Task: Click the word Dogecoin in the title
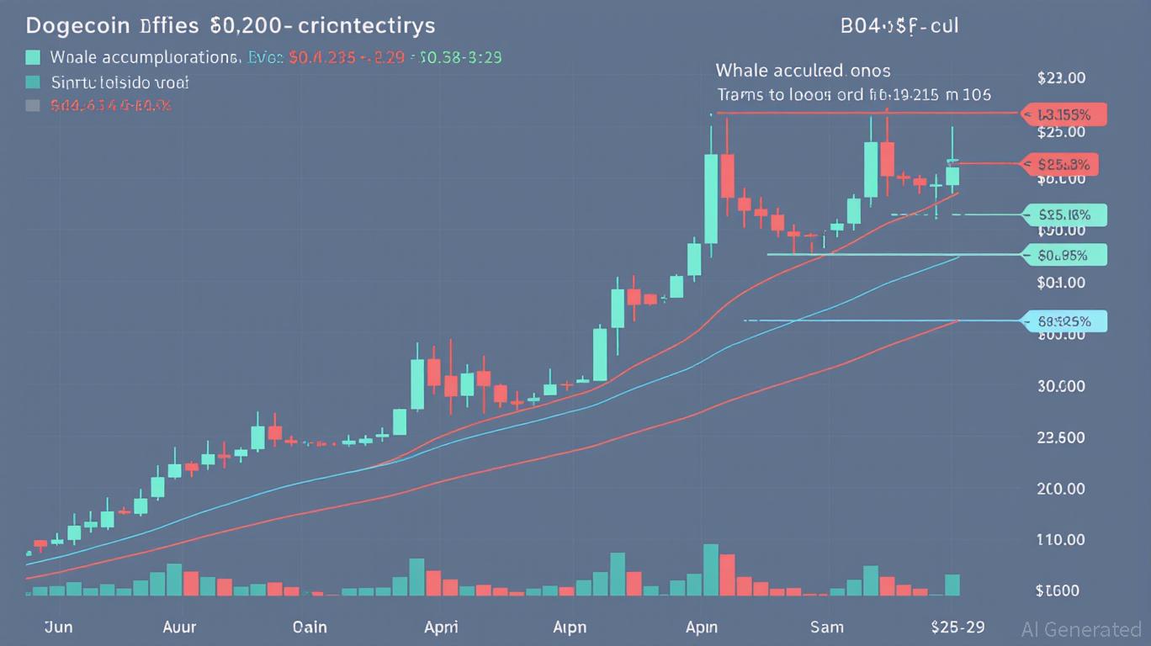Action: [x=77, y=25]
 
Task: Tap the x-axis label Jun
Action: [x=57, y=627]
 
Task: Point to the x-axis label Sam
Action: [x=827, y=627]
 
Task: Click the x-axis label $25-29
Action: [x=958, y=627]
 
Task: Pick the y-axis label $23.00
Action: [x=1061, y=78]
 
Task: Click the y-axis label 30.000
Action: [x=1061, y=387]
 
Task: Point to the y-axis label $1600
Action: [x=1058, y=590]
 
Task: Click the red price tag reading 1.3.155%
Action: [x=1064, y=114]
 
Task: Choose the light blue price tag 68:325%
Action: [x=1064, y=320]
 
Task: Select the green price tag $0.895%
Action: [x=1064, y=254]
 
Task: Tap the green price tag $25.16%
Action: [x=1064, y=214]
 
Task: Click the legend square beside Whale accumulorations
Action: [x=33, y=58]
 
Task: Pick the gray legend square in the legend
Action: [x=33, y=106]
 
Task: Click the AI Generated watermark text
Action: [x=1081, y=629]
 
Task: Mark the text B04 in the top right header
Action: [x=859, y=26]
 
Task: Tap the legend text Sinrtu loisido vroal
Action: [x=119, y=82]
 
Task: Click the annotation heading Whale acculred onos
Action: [x=803, y=70]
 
